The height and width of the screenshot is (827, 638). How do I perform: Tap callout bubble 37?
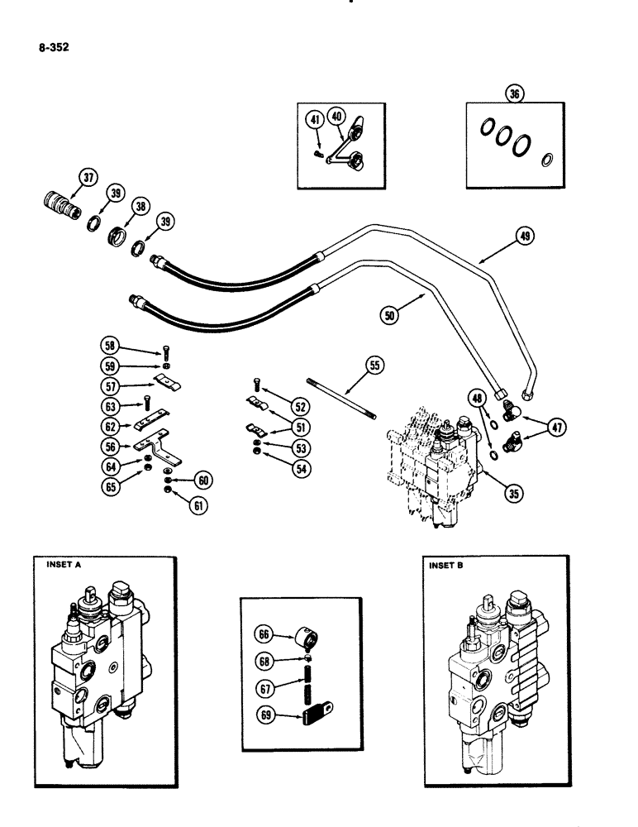[x=88, y=178]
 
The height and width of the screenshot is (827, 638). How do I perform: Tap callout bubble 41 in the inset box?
[x=315, y=120]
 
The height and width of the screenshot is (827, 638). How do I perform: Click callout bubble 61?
[x=197, y=506]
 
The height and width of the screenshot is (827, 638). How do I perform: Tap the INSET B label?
[x=448, y=566]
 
